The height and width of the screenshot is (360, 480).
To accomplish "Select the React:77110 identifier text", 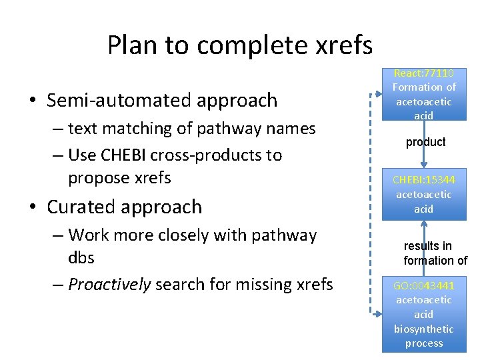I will [424, 73].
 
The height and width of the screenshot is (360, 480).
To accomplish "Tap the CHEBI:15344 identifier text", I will [424, 180].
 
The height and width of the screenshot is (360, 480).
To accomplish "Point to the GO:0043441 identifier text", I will [424, 285].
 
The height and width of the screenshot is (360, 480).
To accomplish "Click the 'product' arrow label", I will [426, 142].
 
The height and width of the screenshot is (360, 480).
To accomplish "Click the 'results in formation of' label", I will [435, 253].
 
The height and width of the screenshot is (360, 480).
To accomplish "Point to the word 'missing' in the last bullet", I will [256, 285].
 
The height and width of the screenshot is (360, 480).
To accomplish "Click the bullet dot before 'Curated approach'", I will [32, 207].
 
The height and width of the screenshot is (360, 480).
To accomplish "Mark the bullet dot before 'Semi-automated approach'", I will [32, 101].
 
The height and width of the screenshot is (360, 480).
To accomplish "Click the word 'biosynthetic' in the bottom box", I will [424, 329].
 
